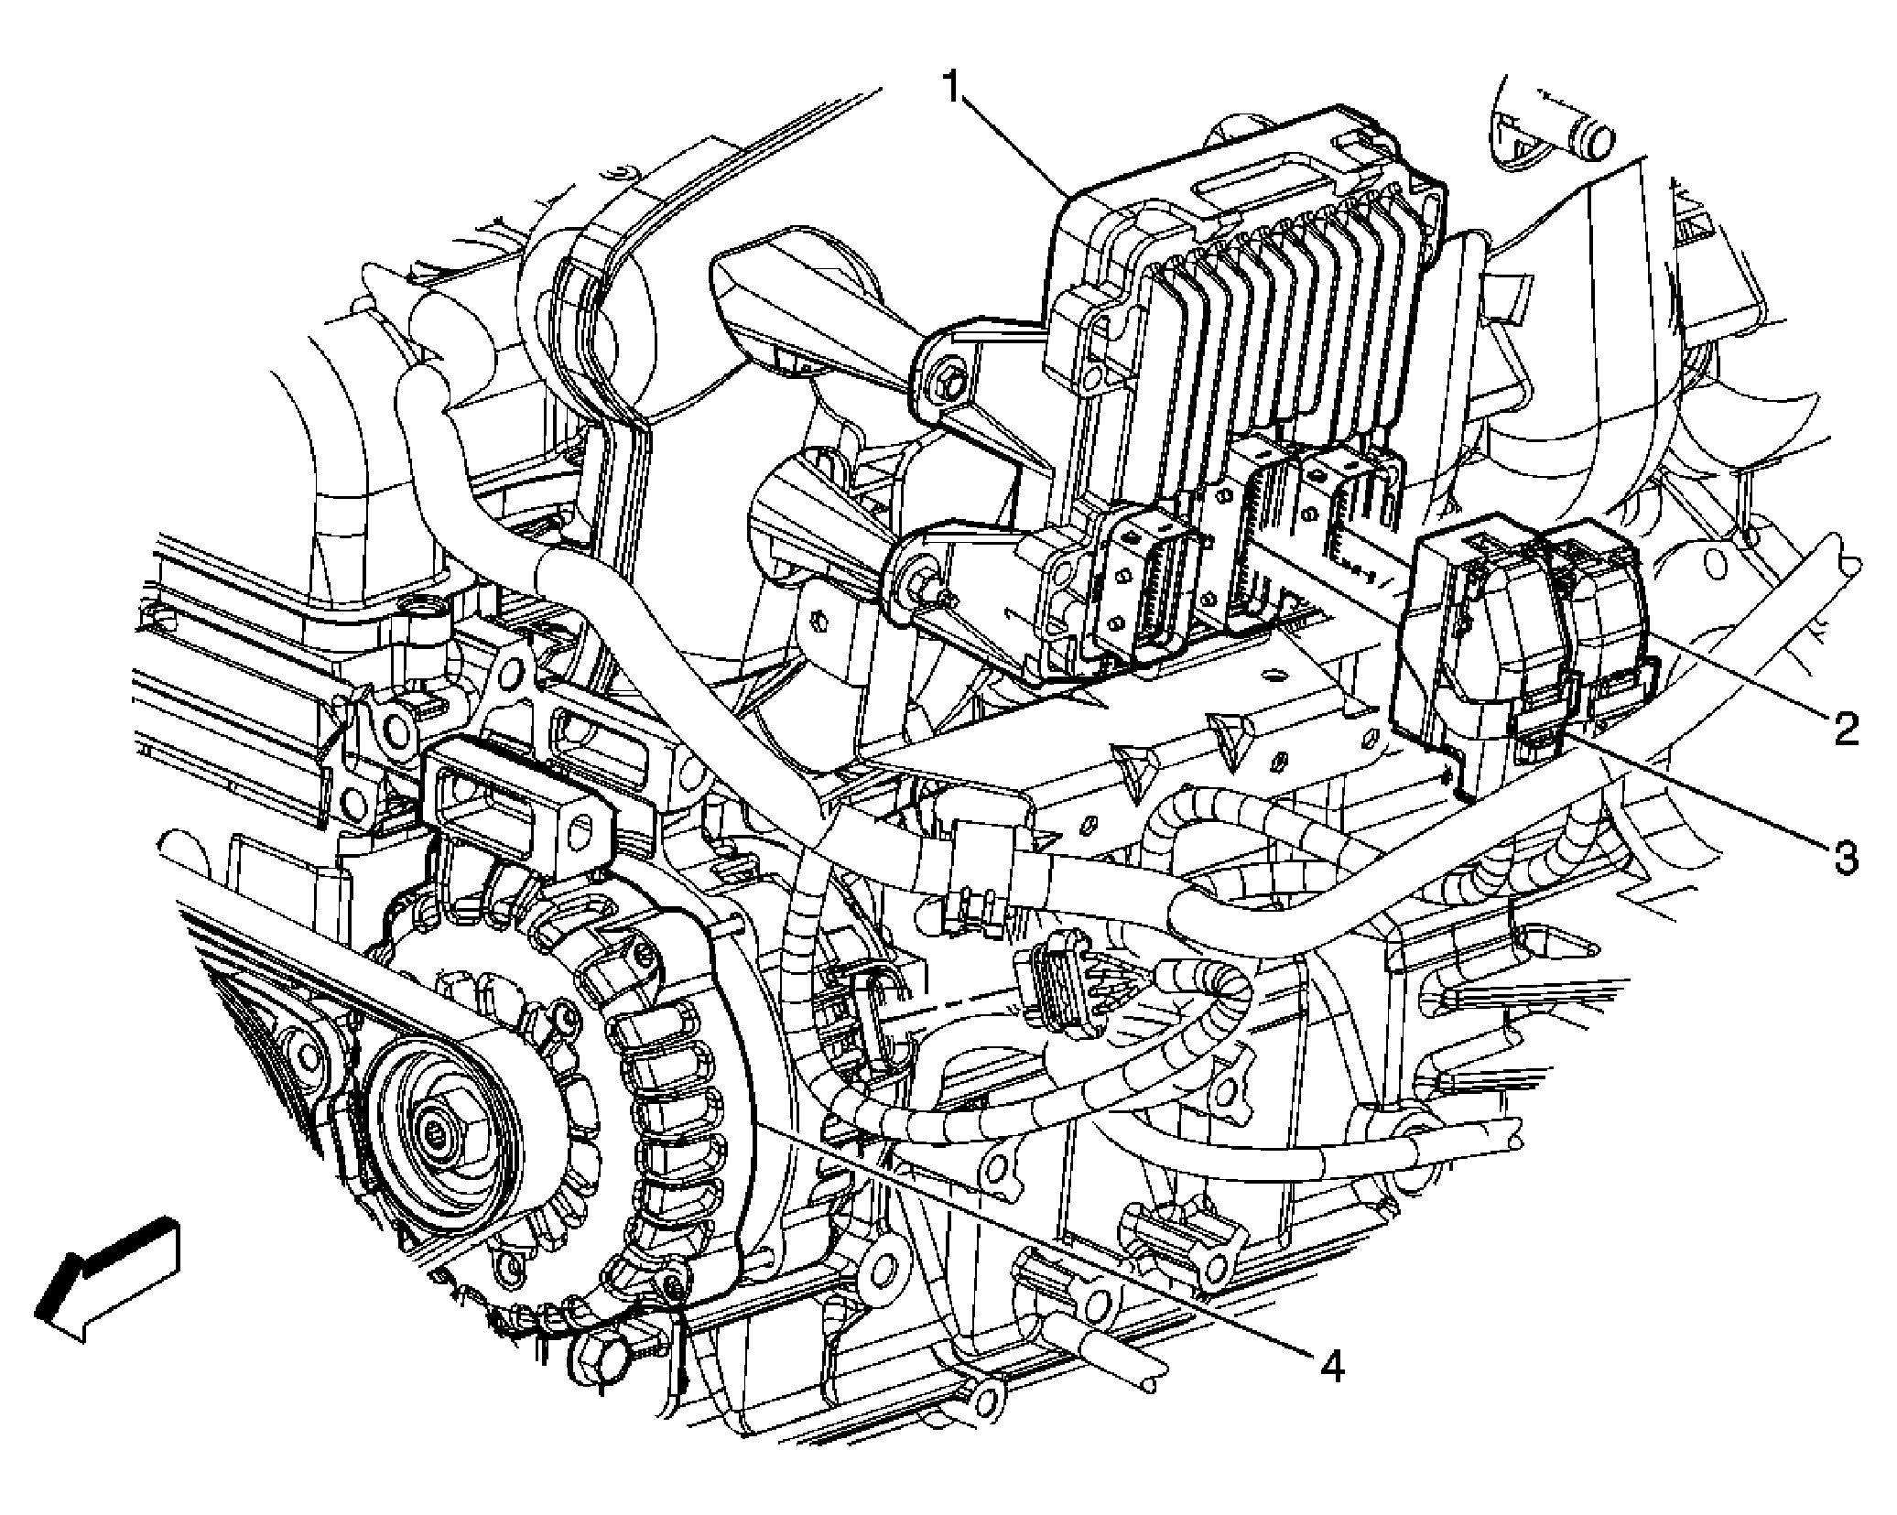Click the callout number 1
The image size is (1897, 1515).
[x=954, y=91]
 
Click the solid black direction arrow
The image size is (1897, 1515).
[x=106, y=1276]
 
